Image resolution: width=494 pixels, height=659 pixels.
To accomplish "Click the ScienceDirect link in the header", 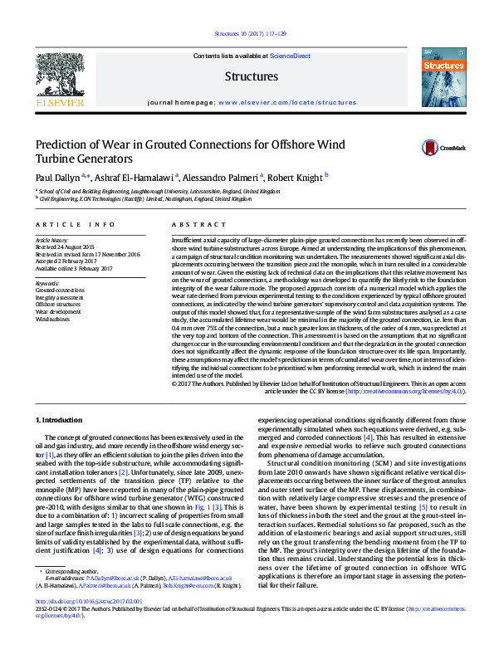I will (x=290, y=56).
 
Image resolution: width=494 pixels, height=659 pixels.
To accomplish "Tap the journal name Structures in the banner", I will (x=251, y=76).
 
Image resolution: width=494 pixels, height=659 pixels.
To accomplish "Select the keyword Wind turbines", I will (x=53, y=319).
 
